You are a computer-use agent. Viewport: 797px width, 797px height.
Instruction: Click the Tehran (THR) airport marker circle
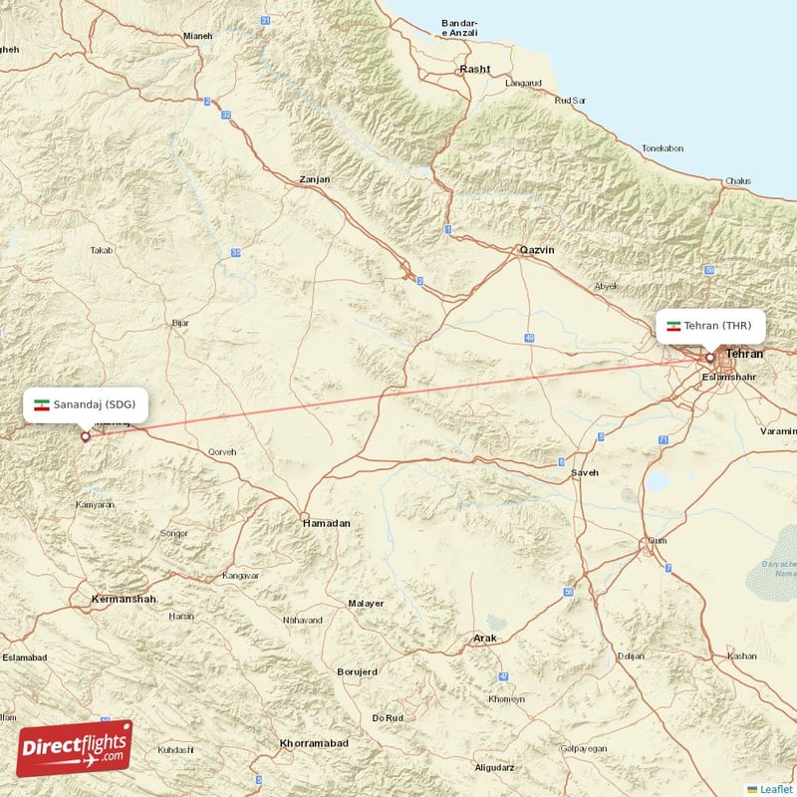tap(710, 357)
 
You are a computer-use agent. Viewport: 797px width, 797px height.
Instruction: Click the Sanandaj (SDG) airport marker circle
tap(85, 435)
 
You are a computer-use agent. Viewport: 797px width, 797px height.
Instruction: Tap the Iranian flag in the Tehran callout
tap(673, 326)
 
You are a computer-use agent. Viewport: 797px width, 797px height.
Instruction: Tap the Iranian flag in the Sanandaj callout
tap(42, 404)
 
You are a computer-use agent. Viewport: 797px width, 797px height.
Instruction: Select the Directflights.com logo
tap(75, 748)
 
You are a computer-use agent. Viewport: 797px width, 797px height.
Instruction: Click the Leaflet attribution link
tap(774, 788)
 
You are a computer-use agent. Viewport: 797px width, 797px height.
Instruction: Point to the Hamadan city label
tap(327, 522)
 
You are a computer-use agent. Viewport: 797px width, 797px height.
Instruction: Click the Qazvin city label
tap(536, 250)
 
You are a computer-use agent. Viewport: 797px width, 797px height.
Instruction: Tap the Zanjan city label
tap(315, 180)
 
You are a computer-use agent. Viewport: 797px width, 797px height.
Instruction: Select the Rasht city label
tap(474, 69)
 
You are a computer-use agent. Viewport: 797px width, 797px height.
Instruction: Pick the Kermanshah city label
tap(124, 599)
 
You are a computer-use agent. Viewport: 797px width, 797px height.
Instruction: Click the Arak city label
tap(484, 638)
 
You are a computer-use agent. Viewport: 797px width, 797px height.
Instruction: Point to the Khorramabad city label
tap(314, 744)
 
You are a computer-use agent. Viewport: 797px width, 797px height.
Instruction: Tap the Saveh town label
tap(585, 472)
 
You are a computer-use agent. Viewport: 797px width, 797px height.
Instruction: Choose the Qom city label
tap(658, 541)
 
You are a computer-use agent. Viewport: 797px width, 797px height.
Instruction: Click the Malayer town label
tap(366, 604)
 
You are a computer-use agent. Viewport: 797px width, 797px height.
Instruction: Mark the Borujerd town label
tap(358, 671)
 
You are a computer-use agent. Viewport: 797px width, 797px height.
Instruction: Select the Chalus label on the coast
tap(738, 180)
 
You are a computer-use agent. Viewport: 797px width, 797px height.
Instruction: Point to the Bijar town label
tap(180, 323)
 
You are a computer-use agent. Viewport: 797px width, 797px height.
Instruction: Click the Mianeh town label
tap(197, 36)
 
